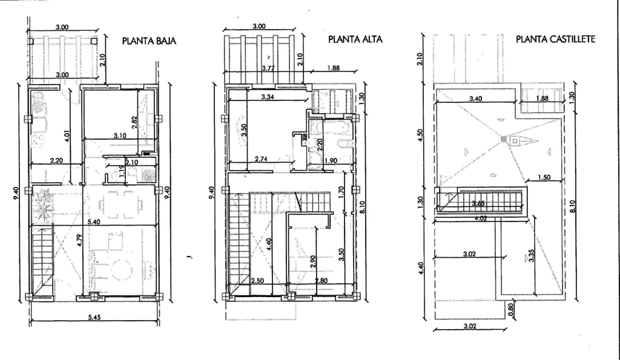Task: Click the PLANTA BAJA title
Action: click(149, 41)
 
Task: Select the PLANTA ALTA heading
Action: click(355, 39)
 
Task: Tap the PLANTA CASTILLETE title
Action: click(555, 39)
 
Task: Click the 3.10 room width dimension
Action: click(120, 136)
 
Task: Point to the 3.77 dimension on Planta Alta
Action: click(268, 68)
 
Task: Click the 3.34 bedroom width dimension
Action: click(268, 97)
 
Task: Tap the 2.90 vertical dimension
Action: click(313, 262)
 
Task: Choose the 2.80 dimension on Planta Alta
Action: click(321, 281)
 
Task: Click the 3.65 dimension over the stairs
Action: click(478, 203)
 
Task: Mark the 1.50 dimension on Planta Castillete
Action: click(544, 178)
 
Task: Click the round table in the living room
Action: click(122, 270)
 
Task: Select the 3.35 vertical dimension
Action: click(531, 255)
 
